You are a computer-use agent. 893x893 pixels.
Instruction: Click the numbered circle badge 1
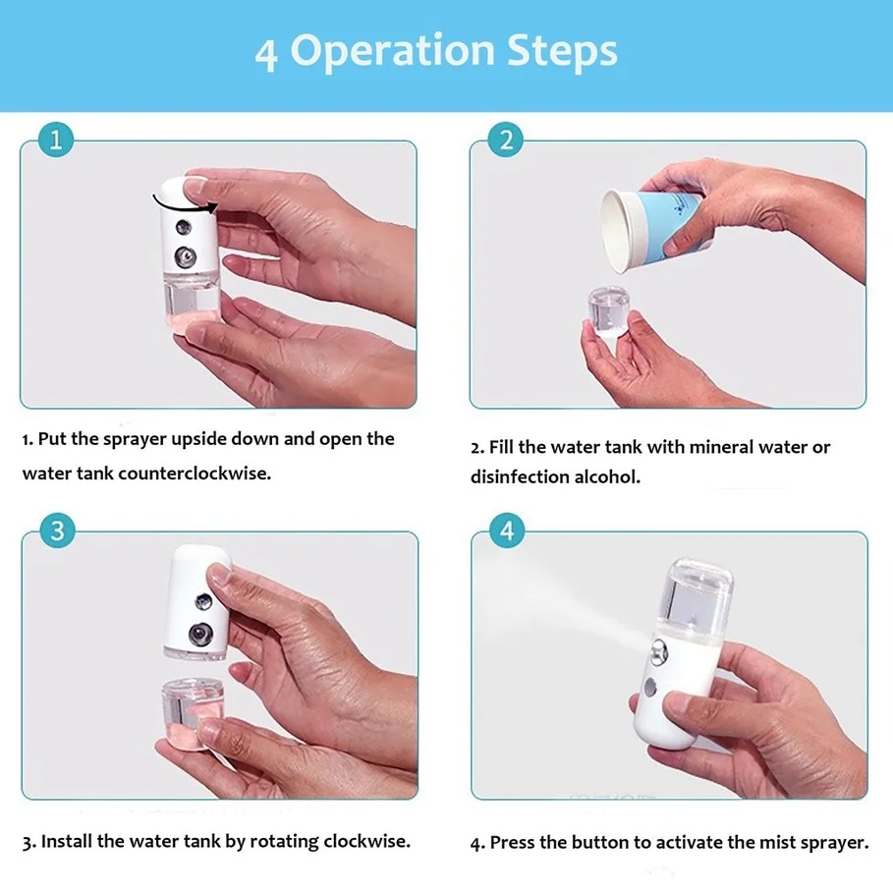click(56, 140)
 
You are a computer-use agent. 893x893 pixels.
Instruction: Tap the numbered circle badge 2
click(506, 140)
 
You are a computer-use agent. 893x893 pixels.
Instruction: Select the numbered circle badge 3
click(58, 530)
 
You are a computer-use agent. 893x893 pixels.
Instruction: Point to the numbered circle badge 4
click(507, 530)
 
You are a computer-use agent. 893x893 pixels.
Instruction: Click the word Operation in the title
click(392, 52)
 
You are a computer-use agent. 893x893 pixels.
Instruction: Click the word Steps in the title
click(562, 51)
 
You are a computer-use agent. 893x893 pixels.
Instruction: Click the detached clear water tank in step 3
click(192, 709)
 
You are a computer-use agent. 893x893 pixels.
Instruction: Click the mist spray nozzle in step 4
click(659, 651)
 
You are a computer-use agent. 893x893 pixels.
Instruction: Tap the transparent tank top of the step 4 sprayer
click(696, 598)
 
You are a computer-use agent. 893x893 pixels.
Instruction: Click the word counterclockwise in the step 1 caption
click(195, 474)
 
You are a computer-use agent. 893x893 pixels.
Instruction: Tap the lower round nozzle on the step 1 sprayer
click(185, 256)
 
